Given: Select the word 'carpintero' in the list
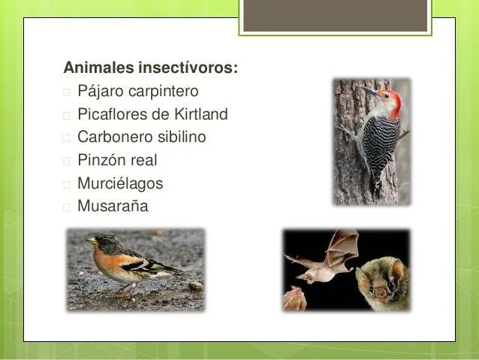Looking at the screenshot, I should click(164, 92).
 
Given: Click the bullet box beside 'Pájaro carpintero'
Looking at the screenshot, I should click(67, 92).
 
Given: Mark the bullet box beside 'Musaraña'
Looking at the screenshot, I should click(67, 206).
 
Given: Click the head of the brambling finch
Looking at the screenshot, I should click(102, 244).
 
